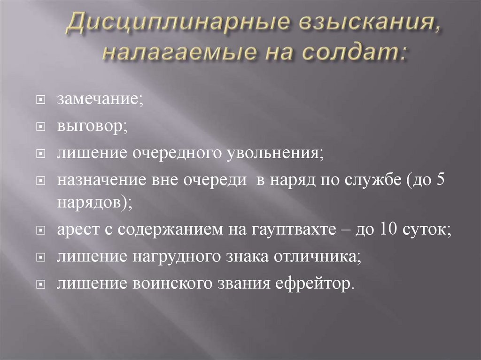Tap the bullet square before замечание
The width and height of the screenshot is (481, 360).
41,100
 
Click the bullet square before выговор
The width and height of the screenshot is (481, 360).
41,127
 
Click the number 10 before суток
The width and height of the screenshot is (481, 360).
388,229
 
